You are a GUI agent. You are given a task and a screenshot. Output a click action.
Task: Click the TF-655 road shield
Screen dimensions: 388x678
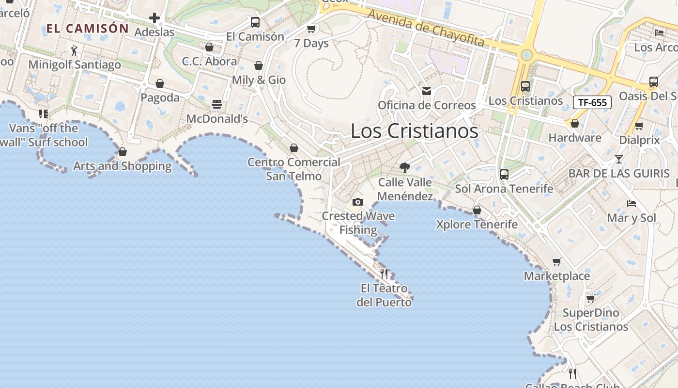pyautogui.click(x=592, y=102)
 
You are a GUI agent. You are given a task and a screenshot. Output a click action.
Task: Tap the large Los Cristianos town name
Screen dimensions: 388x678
pyautogui.click(x=414, y=131)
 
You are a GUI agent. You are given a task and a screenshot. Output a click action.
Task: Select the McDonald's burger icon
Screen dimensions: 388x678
pyautogui.click(x=217, y=104)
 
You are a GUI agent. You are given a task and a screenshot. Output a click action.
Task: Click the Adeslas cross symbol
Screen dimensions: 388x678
pyautogui.click(x=154, y=18)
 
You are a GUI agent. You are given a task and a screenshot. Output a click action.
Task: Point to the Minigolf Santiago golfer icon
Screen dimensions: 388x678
pyautogui.click(x=74, y=50)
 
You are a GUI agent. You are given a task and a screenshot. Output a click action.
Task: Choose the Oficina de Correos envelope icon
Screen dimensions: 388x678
pyautogui.click(x=427, y=91)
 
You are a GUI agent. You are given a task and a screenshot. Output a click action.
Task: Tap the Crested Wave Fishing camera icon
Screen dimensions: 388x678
pyautogui.click(x=358, y=202)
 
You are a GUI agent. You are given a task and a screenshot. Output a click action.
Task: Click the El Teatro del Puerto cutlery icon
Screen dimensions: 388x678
pyautogui.click(x=384, y=274)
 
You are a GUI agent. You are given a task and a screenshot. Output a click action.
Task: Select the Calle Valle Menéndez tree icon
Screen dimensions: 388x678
pyautogui.click(x=405, y=168)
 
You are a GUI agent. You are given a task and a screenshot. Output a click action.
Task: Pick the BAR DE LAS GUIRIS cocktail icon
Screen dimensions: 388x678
pyautogui.click(x=619, y=159)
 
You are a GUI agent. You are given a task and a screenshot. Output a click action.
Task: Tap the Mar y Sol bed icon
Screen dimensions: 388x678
pyautogui.click(x=631, y=203)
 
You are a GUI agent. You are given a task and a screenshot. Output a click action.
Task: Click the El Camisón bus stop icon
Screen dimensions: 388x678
pyautogui.click(x=255, y=22)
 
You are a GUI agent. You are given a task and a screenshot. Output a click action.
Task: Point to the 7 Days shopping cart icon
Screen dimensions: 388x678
pyautogui.click(x=311, y=29)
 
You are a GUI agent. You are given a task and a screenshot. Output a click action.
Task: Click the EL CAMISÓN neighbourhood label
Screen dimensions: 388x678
pyautogui.click(x=88, y=29)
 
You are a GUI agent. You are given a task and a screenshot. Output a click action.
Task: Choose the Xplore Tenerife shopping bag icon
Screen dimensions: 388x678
pyautogui.click(x=477, y=210)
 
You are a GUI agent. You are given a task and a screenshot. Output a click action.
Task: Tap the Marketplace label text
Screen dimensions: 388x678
pyautogui.click(x=557, y=276)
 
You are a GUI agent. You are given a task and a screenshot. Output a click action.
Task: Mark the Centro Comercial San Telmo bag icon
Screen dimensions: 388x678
pyautogui.click(x=294, y=148)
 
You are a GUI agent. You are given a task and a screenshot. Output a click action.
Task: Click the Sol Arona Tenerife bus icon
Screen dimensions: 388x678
pyautogui.click(x=504, y=174)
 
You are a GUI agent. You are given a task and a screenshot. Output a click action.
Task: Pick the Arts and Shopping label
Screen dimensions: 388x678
pyautogui.click(x=123, y=166)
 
